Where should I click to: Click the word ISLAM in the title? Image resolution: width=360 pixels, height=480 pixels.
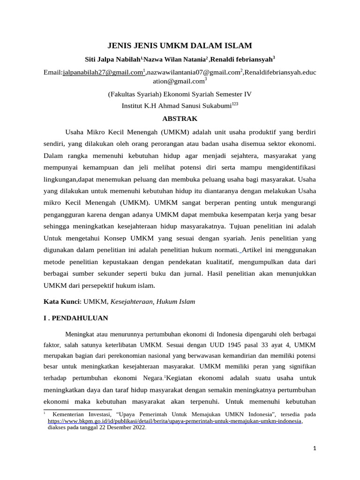pos(239,45)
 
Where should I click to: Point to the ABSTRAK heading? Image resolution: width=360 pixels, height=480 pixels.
pos(180,119)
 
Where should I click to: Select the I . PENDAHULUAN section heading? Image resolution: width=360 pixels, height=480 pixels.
pos(76,318)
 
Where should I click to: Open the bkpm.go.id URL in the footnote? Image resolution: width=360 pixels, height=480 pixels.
pos(175,421)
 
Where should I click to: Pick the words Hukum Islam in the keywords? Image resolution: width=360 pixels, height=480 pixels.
pos(178,301)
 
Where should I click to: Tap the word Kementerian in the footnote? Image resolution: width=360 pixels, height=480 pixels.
pos(71,414)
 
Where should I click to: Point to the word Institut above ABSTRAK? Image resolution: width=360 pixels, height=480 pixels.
pos(133,106)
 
